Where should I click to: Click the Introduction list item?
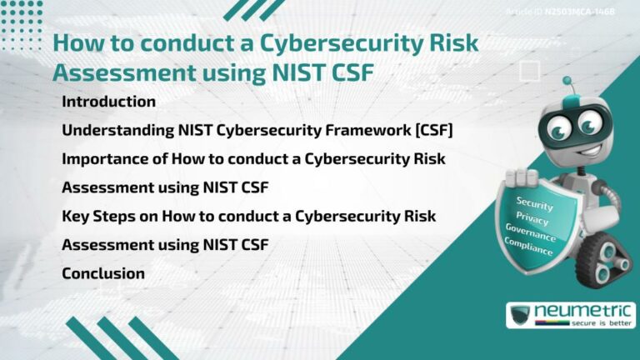tap(108, 102)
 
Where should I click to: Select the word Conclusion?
tap(103, 273)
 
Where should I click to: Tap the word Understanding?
tap(114, 130)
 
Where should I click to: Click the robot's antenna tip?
tap(567, 82)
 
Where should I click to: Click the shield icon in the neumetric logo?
tap(521, 315)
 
